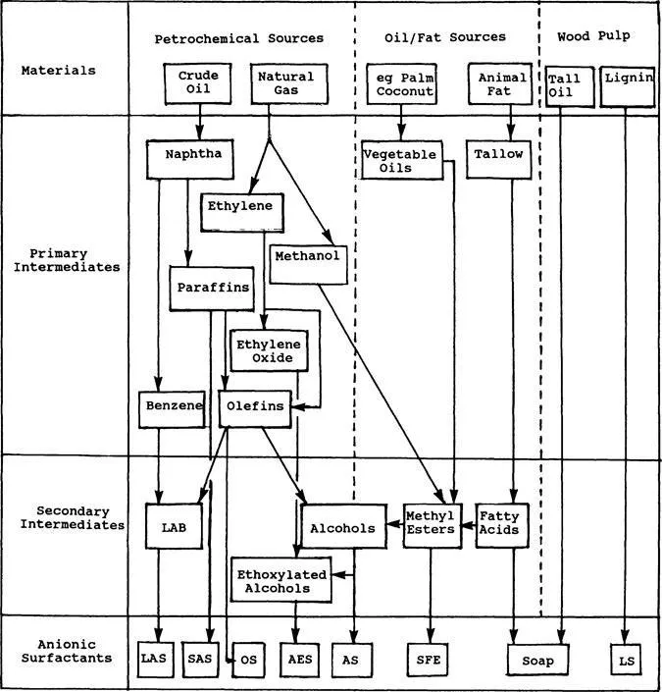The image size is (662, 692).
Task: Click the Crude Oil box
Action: pyautogui.click(x=198, y=84)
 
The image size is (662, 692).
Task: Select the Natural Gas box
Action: pyautogui.click(x=284, y=84)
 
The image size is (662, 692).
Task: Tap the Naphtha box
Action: pyautogui.click(x=192, y=156)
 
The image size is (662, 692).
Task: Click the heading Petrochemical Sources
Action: pyautogui.click(x=238, y=38)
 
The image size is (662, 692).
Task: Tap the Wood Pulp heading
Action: pyautogui.click(x=593, y=36)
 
